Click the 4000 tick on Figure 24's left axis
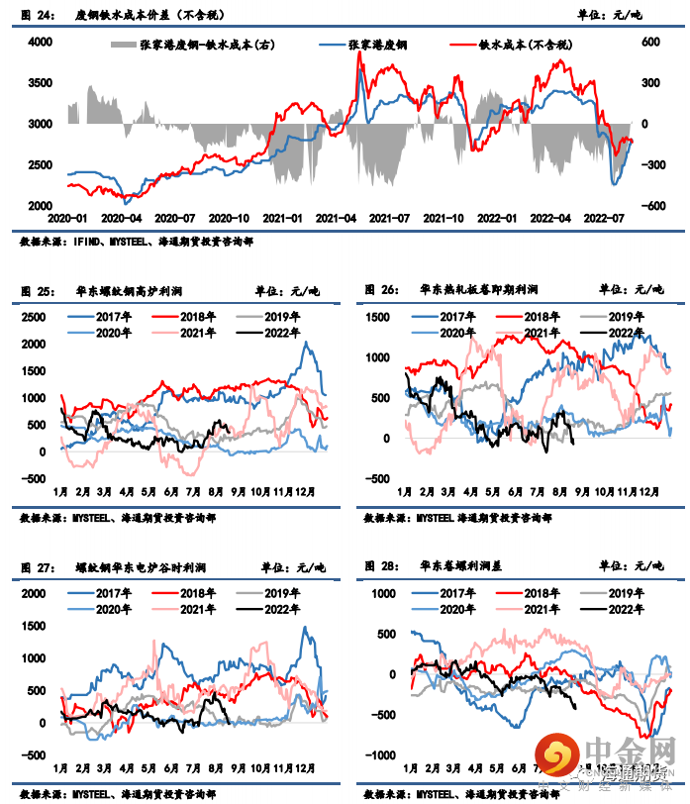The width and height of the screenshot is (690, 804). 40,42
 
